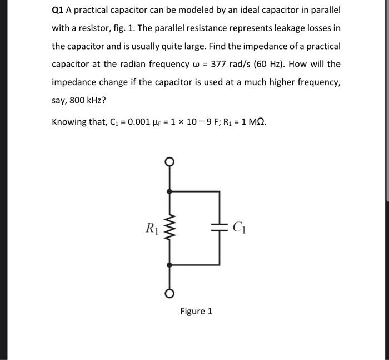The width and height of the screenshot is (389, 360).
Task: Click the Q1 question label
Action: [58, 11]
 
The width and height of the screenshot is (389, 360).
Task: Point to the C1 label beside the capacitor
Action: [238, 226]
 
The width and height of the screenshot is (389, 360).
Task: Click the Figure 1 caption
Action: [196, 311]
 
